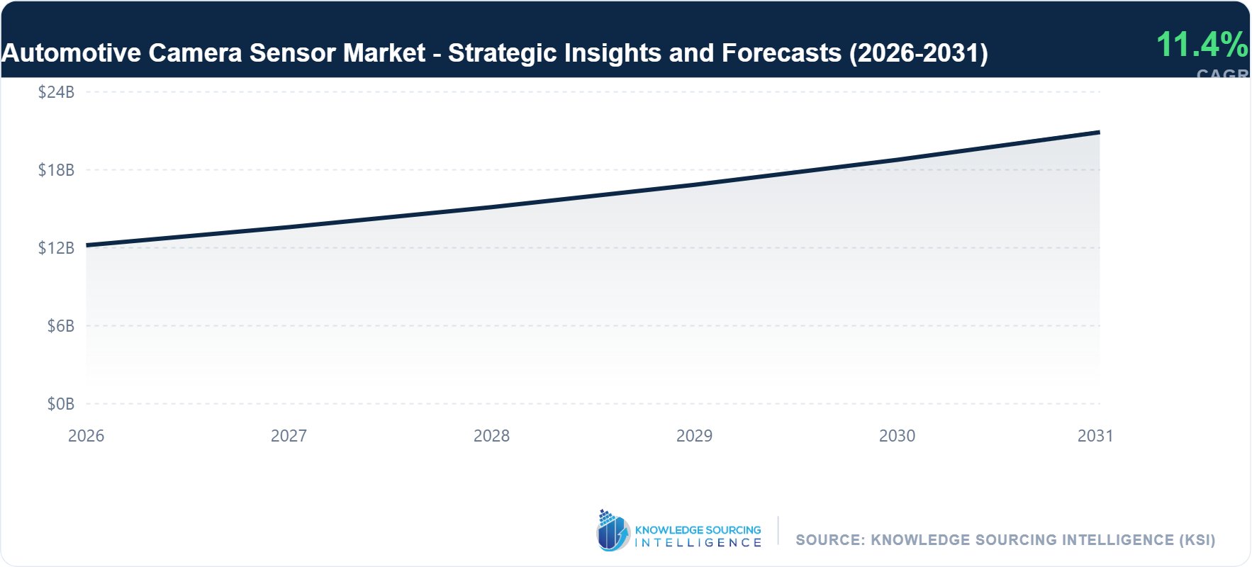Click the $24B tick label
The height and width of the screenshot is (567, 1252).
56,92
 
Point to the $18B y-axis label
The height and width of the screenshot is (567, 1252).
56,170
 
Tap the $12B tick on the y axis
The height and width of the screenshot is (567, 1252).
56,248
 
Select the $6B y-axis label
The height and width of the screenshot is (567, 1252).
60,326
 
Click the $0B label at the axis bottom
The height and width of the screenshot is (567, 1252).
60,404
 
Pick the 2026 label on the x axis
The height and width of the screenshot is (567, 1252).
86,436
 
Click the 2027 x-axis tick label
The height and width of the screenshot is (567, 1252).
289,436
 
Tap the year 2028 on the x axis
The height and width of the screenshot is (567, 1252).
491,436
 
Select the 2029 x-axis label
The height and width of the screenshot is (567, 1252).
694,436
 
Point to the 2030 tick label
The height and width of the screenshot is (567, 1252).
897,436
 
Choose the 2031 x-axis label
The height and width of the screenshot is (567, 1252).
1095,436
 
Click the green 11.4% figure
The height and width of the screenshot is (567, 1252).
1202,45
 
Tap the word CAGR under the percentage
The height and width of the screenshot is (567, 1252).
1222,73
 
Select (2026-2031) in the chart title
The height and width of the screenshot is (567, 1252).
918,53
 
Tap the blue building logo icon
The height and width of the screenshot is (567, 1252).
613,531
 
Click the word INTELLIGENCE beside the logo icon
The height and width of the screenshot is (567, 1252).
698,543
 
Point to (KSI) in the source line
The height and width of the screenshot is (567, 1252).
1197,540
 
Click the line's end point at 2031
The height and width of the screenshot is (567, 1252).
1099,133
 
